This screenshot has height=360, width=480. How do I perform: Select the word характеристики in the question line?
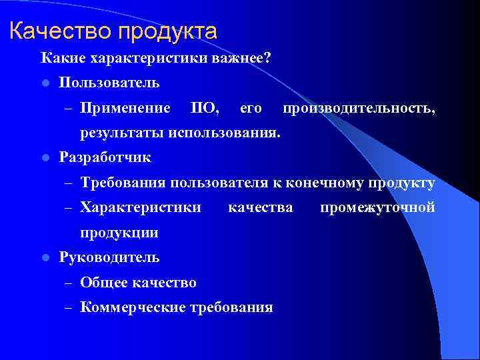[141, 59]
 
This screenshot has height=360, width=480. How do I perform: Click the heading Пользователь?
[109, 83]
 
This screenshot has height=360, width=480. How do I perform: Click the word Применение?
[125, 107]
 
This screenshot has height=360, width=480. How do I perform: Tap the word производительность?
[359, 107]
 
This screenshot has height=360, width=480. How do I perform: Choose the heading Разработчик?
[105, 157]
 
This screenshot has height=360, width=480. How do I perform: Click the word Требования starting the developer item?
[123, 183]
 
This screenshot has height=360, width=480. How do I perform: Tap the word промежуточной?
[377, 207]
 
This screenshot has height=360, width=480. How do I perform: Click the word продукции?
[119, 232]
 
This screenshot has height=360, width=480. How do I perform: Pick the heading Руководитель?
[109, 257]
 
